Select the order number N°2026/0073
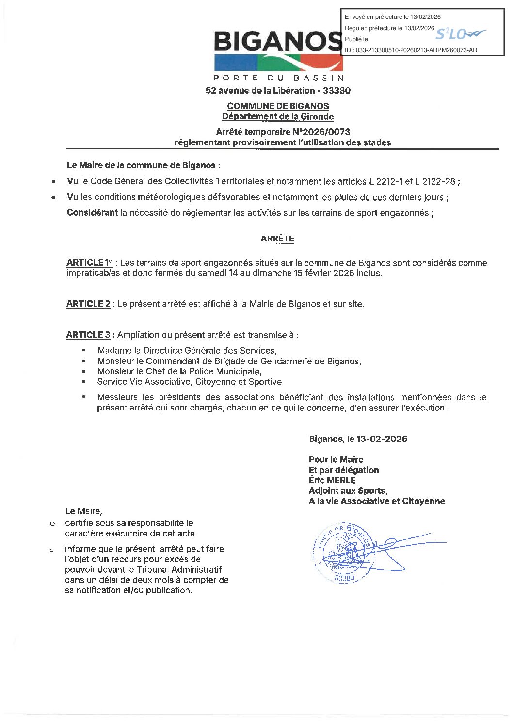[x=321, y=132]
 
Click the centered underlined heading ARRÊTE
[x=277, y=238]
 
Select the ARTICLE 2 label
[x=88, y=304]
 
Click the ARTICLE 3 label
[x=88, y=335]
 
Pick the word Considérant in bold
[x=92, y=213]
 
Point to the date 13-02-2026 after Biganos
[x=382, y=439]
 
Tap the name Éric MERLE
[x=332, y=480]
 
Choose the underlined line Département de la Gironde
[x=278, y=117]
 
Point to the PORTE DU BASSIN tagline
[x=278, y=78]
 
